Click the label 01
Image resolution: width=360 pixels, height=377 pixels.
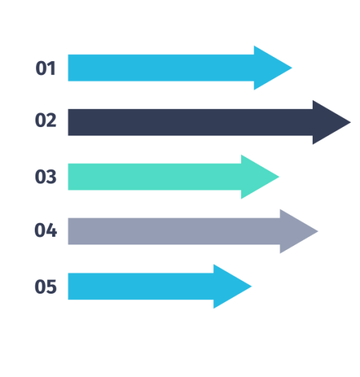tap(45, 68)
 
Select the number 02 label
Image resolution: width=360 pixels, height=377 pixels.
tap(45, 120)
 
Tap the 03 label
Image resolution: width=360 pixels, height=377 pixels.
tap(45, 177)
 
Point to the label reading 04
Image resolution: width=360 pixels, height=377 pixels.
tap(45, 230)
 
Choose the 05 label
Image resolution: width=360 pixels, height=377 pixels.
tap(45, 286)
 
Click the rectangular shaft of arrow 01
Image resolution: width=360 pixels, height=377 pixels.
tap(161, 68)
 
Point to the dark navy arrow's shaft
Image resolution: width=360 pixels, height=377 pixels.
tap(190, 122)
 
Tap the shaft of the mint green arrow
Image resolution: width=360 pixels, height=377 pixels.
tap(155, 177)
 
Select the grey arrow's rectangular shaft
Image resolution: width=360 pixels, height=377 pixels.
tap(174, 231)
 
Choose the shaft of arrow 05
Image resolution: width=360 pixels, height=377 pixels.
tap(141, 286)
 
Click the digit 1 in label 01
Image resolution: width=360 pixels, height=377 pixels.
tap(51, 68)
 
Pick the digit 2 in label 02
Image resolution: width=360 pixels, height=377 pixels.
tap(51, 120)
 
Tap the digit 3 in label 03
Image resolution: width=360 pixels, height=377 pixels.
tap(51, 177)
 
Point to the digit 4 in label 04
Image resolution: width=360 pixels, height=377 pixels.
tap(51, 230)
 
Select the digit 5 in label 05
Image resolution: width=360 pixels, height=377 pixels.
tap(51, 286)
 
